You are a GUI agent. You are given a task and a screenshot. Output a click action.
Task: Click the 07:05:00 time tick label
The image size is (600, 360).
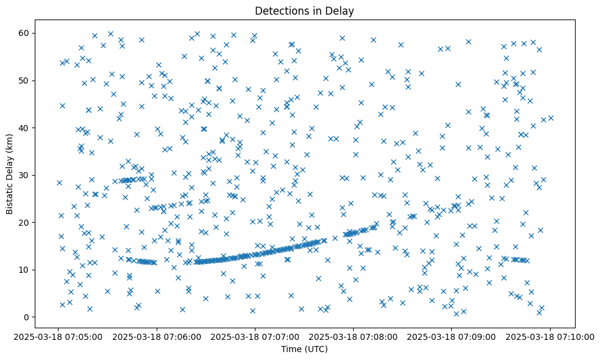(x=59, y=336)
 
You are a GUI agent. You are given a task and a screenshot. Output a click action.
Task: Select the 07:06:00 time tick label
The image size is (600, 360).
(x=157, y=336)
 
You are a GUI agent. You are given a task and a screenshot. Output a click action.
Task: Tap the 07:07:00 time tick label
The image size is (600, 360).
(x=255, y=336)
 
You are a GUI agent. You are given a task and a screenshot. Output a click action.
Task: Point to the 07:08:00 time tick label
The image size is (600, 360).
(x=353, y=336)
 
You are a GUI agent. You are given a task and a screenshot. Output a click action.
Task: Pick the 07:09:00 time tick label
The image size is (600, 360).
(x=451, y=336)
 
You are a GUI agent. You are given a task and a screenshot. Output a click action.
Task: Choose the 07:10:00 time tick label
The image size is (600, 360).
(x=549, y=336)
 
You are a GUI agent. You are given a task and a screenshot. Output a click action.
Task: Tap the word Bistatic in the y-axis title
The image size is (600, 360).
(x=10, y=196)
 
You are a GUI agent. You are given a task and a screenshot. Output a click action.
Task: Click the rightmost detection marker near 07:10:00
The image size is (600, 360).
(x=551, y=118)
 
